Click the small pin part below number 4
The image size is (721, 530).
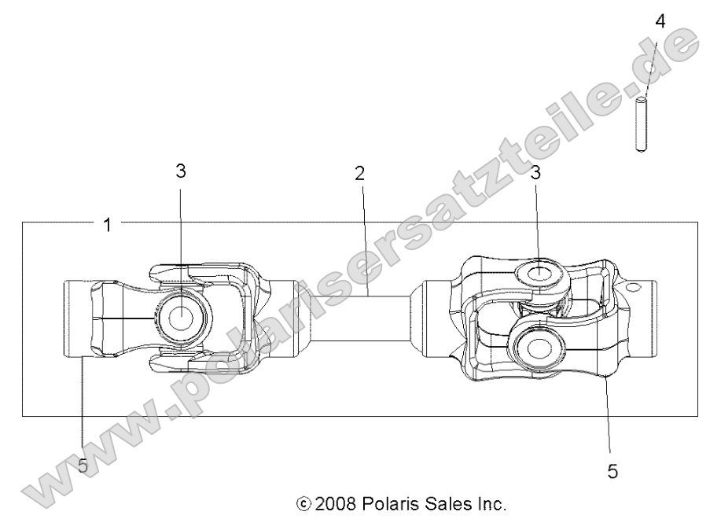(x=642, y=122)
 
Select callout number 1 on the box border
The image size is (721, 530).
(x=107, y=224)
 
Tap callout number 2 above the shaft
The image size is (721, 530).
(x=359, y=175)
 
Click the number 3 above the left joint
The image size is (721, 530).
(x=181, y=171)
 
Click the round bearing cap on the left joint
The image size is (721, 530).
(x=180, y=318)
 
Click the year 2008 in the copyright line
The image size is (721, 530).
(x=332, y=503)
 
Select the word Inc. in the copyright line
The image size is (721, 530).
(x=487, y=503)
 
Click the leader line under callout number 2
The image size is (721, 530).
(x=364, y=236)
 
